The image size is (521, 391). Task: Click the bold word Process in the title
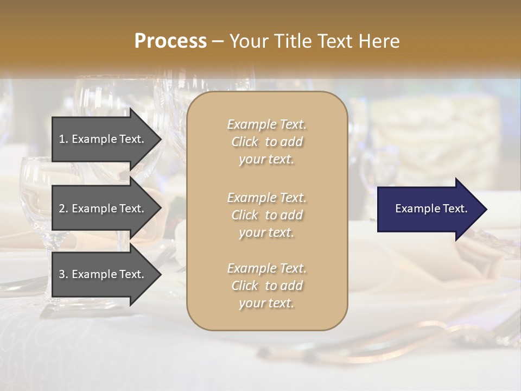click(170, 41)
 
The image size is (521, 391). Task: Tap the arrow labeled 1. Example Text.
click(103, 139)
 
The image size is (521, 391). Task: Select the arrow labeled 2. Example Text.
click(103, 209)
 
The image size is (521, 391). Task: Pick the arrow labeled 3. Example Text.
click(103, 274)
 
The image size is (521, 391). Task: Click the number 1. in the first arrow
click(63, 139)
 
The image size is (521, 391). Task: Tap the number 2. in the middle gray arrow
click(63, 209)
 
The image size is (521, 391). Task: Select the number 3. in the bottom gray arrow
click(63, 274)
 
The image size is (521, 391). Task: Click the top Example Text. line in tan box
click(266, 124)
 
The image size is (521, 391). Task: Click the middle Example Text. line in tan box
click(266, 197)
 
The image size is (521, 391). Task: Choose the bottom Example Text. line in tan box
click(266, 268)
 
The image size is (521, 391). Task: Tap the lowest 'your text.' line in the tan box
click(266, 304)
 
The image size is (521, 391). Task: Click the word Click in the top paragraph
click(245, 142)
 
